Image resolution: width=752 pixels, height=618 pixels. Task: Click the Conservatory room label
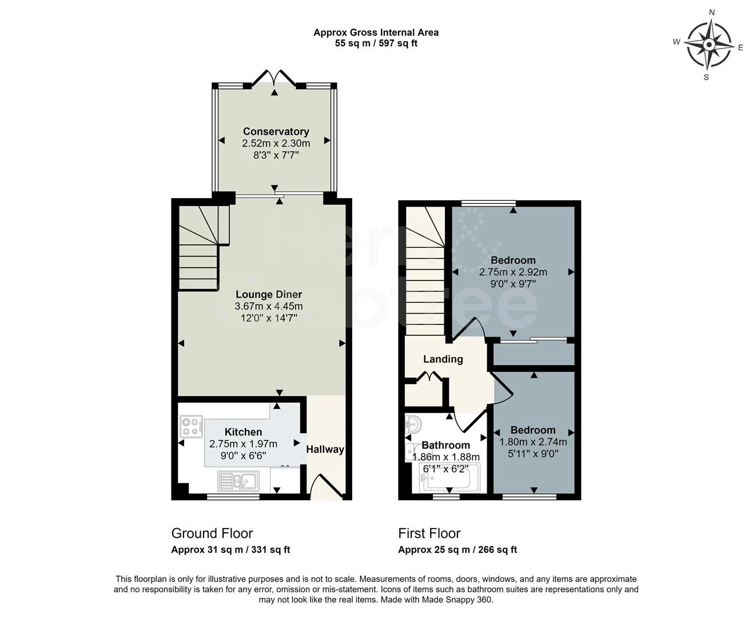tap(276, 131)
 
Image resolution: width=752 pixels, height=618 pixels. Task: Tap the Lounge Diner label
tap(269, 294)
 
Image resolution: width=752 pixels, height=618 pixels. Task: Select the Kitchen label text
tap(243, 432)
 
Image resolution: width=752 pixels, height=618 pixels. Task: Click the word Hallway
tap(325, 449)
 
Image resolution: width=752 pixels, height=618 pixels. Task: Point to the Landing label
tap(443, 359)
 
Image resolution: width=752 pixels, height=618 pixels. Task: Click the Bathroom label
tap(445, 445)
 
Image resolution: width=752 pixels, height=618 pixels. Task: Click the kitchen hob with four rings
tap(192, 427)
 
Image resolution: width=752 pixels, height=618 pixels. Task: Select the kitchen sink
tap(238, 481)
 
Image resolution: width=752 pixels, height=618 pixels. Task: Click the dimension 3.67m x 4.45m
tap(269, 306)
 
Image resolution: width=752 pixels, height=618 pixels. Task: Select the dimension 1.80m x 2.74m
tap(533, 442)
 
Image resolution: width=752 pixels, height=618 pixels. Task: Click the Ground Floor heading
tap(212, 533)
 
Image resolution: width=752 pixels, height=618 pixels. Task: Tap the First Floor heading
tap(429, 533)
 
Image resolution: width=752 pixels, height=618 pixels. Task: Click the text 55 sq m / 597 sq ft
tap(376, 43)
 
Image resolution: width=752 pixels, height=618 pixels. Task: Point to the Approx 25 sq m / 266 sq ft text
tap(457, 550)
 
